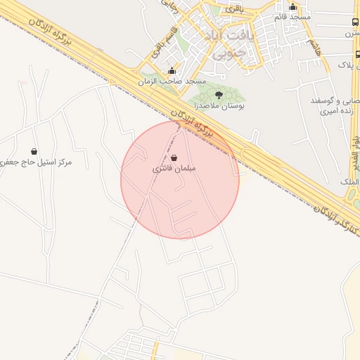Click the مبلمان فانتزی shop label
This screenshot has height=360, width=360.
tap(174, 169)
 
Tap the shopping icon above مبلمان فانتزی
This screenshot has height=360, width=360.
tap(174, 159)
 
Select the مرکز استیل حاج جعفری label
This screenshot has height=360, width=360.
tap(37, 162)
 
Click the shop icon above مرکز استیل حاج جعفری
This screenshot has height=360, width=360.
tap(34, 151)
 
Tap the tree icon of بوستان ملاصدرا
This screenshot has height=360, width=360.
tap(218, 94)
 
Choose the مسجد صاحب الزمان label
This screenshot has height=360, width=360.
tap(172, 81)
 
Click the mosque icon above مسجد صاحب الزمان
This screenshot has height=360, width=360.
tap(172, 70)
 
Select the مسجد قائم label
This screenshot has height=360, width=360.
tap(293, 17)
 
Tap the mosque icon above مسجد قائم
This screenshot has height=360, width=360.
tap(293, 7)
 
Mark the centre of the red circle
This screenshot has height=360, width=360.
tap(180, 180)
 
